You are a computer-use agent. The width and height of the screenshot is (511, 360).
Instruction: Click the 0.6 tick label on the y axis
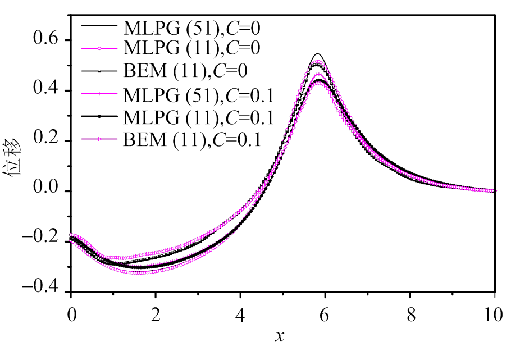[x=47, y=41]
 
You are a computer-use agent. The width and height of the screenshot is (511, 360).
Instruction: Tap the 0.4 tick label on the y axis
[x=47, y=91]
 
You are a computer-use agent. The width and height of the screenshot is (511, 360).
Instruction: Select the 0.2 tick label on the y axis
[x=47, y=141]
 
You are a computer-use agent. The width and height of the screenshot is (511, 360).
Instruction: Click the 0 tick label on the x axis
[x=71, y=315]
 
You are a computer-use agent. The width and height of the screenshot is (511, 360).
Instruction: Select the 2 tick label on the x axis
[x=156, y=315]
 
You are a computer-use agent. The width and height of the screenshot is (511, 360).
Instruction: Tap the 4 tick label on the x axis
[x=240, y=315]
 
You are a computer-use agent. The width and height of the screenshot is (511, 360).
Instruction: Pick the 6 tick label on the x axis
[x=325, y=315]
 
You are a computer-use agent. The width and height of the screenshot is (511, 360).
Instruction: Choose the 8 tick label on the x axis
[x=410, y=315]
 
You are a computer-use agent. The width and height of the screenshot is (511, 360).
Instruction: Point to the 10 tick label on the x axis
[x=494, y=315]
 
